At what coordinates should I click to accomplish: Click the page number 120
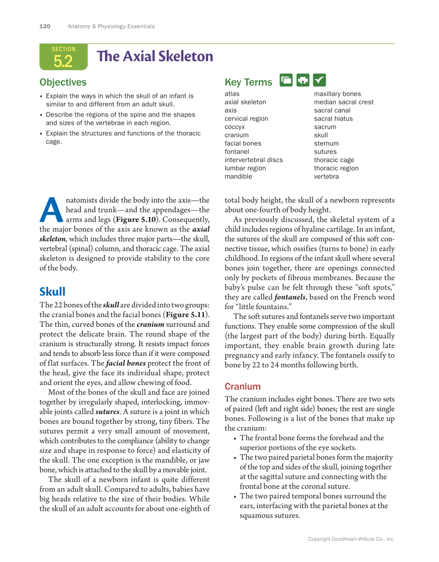[x=45, y=26]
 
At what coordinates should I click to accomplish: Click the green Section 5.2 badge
[x=63, y=57]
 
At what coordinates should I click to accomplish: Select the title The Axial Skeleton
[x=155, y=56]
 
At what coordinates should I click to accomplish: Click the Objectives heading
[x=63, y=82]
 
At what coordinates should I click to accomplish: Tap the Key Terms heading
[x=248, y=82]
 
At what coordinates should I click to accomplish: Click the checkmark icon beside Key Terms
[x=319, y=80]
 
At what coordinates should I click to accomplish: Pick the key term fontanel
[x=237, y=152]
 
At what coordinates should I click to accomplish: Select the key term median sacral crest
[x=343, y=102]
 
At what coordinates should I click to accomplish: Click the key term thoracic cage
[x=334, y=160]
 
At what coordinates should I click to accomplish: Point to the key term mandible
[x=238, y=177]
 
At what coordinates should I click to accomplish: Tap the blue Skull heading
[x=52, y=292]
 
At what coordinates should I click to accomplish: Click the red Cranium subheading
[x=242, y=386]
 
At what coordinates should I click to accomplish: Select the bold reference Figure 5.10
[x=137, y=219]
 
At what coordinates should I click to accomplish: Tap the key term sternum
[x=326, y=143]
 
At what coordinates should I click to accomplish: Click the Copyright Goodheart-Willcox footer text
[x=351, y=539]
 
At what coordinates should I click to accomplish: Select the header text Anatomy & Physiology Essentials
[x=111, y=26]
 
